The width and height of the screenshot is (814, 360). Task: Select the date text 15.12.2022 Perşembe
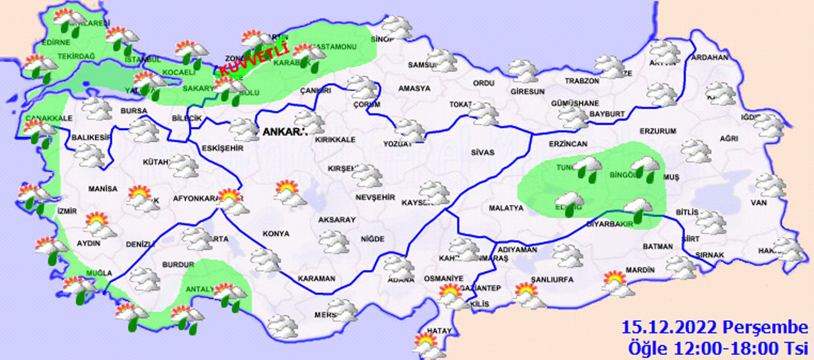714,327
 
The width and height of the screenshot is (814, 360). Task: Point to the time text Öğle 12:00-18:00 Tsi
718,349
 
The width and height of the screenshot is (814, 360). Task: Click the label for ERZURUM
658,131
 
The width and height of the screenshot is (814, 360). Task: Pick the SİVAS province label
482,152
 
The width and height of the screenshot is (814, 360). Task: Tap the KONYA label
276,234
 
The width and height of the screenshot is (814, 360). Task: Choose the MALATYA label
506,208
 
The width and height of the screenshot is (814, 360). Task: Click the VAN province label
758,203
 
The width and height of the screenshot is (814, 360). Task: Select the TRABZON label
582,81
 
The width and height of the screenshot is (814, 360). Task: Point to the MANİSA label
103,189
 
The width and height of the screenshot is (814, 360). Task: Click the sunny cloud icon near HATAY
428,346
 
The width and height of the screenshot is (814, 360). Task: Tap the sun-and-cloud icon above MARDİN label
617,283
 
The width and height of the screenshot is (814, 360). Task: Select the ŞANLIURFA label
552,279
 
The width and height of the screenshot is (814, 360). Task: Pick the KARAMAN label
316,279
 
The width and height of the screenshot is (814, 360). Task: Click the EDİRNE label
56,42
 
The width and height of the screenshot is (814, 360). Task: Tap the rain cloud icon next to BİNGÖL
645,168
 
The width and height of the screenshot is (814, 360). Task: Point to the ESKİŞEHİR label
222,148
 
